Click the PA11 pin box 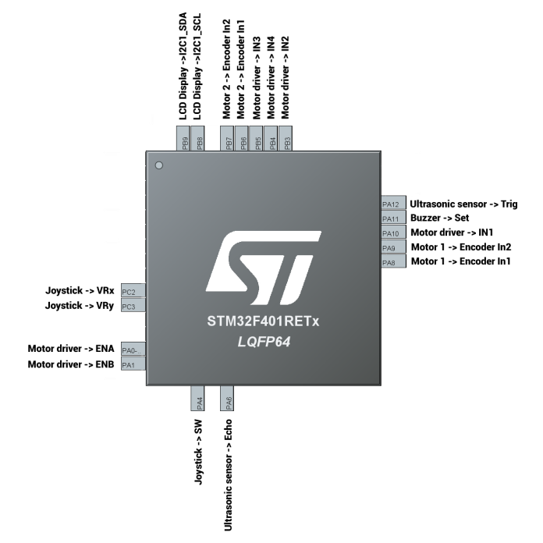[x=392, y=218]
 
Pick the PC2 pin [x=133, y=292]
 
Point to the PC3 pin [x=133, y=307]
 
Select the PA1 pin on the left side [x=133, y=364]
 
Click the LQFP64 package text [x=264, y=341]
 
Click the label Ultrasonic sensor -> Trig [x=463, y=204]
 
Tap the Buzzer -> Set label [x=439, y=218]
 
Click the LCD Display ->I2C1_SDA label [x=183, y=66]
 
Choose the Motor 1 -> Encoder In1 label [x=460, y=261]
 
